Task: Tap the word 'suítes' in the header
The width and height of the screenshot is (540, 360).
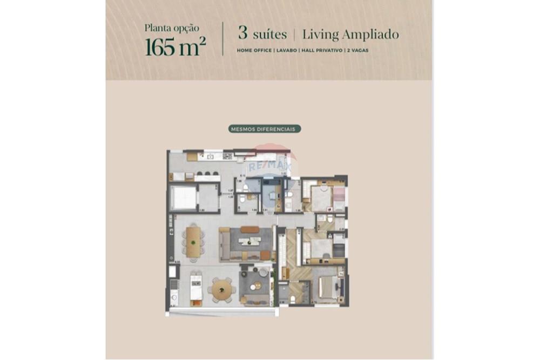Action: click(268, 35)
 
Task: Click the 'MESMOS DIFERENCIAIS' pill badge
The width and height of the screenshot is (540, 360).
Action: click(264, 129)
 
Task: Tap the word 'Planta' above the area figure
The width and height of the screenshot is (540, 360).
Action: click(157, 28)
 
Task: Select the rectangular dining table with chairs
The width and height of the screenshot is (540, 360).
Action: click(193, 241)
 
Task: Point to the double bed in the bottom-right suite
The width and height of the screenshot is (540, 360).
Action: click(328, 287)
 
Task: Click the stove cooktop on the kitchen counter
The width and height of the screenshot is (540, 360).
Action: click(227, 157)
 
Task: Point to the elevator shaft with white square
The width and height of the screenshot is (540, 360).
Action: click(183, 199)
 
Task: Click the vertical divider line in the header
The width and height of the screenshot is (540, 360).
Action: click(223, 39)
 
